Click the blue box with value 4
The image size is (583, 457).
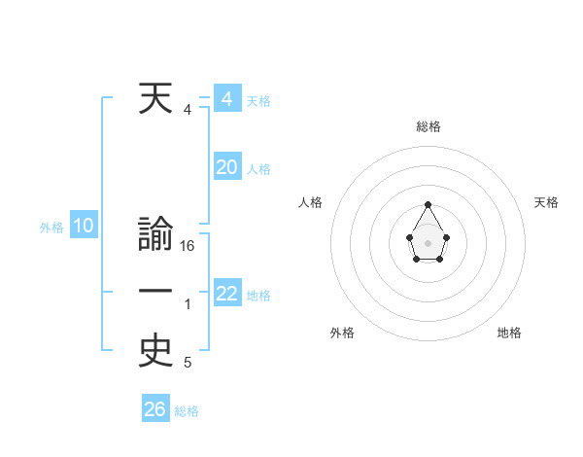[x=226, y=99]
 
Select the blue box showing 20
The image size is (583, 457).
[x=226, y=167]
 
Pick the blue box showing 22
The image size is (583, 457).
[x=226, y=294]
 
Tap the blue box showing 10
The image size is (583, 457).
[x=84, y=227]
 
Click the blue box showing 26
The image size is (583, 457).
[x=154, y=409]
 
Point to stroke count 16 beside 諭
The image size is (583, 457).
[x=188, y=246]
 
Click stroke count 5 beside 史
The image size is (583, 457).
[x=188, y=363]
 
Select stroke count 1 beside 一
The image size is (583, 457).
[x=188, y=304]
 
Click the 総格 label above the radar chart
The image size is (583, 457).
[x=428, y=126]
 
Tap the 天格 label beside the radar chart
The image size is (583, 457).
[x=546, y=202]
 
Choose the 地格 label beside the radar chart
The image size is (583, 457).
[x=509, y=333]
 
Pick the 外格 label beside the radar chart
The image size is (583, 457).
[x=342, y=333]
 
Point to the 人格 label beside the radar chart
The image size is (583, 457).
[x=311, y=202]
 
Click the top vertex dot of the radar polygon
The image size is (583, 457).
[x=428, y=204]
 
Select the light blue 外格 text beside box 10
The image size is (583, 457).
[x=51, y=228]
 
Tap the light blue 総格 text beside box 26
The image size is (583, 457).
[x=187, y=411]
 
